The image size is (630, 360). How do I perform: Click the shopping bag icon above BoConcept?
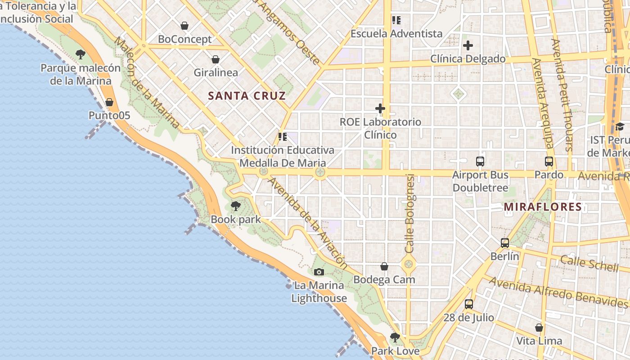click(x=184, y=26)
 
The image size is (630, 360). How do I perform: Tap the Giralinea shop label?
click(x=216, y=72)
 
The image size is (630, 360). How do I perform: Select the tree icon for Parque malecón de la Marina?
click(x=81, y=54)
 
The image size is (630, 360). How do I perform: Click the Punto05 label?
click(x=109, y=116)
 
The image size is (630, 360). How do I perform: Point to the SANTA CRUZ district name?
click(x=247, y=95)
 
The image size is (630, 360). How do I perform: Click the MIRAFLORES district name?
click(x=543, y=207)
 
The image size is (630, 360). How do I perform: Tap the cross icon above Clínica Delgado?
click(x=468, y=45)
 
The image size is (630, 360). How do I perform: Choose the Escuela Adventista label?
click(x=396, y=34)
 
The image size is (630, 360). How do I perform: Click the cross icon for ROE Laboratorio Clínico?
click(x=380, y=108)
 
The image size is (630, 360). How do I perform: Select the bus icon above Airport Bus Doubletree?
click(x=480, y=161)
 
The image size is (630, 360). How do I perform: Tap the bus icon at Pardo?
click(x=549, y=161)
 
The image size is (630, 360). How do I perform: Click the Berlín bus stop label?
click(x=504, y=256)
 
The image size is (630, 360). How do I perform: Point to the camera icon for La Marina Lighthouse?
click(x=319, y=272)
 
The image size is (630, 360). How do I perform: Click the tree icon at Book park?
click(x=235, y=207)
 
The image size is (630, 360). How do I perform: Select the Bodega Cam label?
click(x=384, y=279)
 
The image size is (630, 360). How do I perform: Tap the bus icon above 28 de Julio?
click(x=469, y=304)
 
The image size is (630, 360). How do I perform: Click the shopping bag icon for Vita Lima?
click(x=539, y=328)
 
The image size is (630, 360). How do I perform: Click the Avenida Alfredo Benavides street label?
click(x=558, y=292)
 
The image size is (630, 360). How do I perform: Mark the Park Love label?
click(x=395, y=351)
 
